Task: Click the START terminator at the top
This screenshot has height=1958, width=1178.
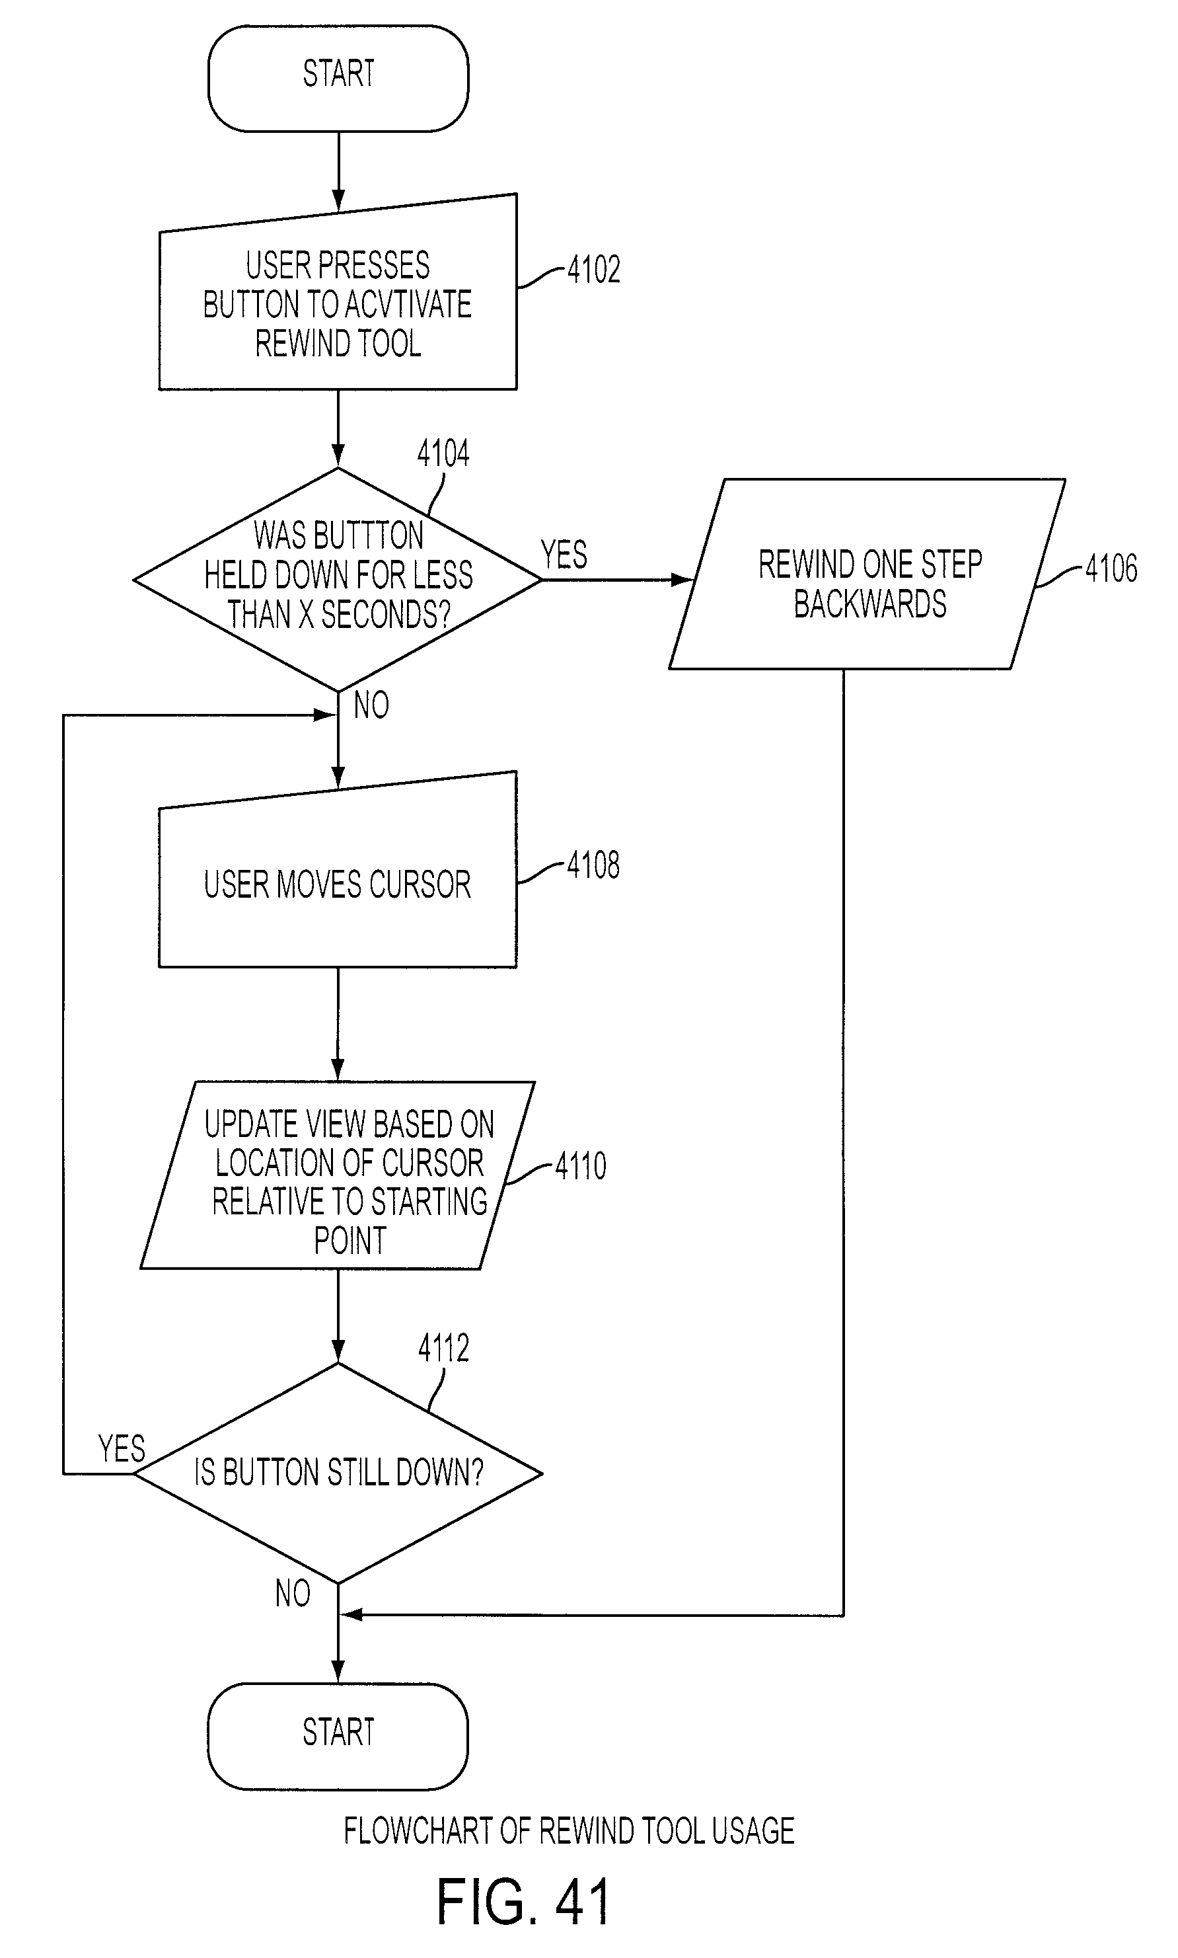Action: point(338,78)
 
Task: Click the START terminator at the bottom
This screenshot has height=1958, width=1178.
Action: point(338,1736)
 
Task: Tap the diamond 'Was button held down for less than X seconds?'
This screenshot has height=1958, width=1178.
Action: point(338,579)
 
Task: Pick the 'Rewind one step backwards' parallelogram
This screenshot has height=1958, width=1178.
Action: point(867,574)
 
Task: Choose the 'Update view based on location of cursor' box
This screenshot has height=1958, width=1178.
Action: point(338,1175)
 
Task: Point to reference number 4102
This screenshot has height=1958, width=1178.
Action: point(593,270)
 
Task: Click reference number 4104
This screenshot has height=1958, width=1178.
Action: point(443,453)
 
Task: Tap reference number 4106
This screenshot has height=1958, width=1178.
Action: point(1111,568)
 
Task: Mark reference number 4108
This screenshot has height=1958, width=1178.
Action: point(593,865)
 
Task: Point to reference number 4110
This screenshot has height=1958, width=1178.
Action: point(580,1165)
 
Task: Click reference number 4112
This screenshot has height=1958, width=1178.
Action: point(443,1349)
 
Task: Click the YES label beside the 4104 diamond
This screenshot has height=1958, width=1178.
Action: point(564,554)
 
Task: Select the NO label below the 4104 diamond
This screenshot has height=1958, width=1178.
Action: point(371,705)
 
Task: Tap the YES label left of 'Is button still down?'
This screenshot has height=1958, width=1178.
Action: point(122,1449)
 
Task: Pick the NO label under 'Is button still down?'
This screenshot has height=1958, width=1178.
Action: point(292,1594)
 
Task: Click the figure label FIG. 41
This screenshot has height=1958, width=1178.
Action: point(523,1902)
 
